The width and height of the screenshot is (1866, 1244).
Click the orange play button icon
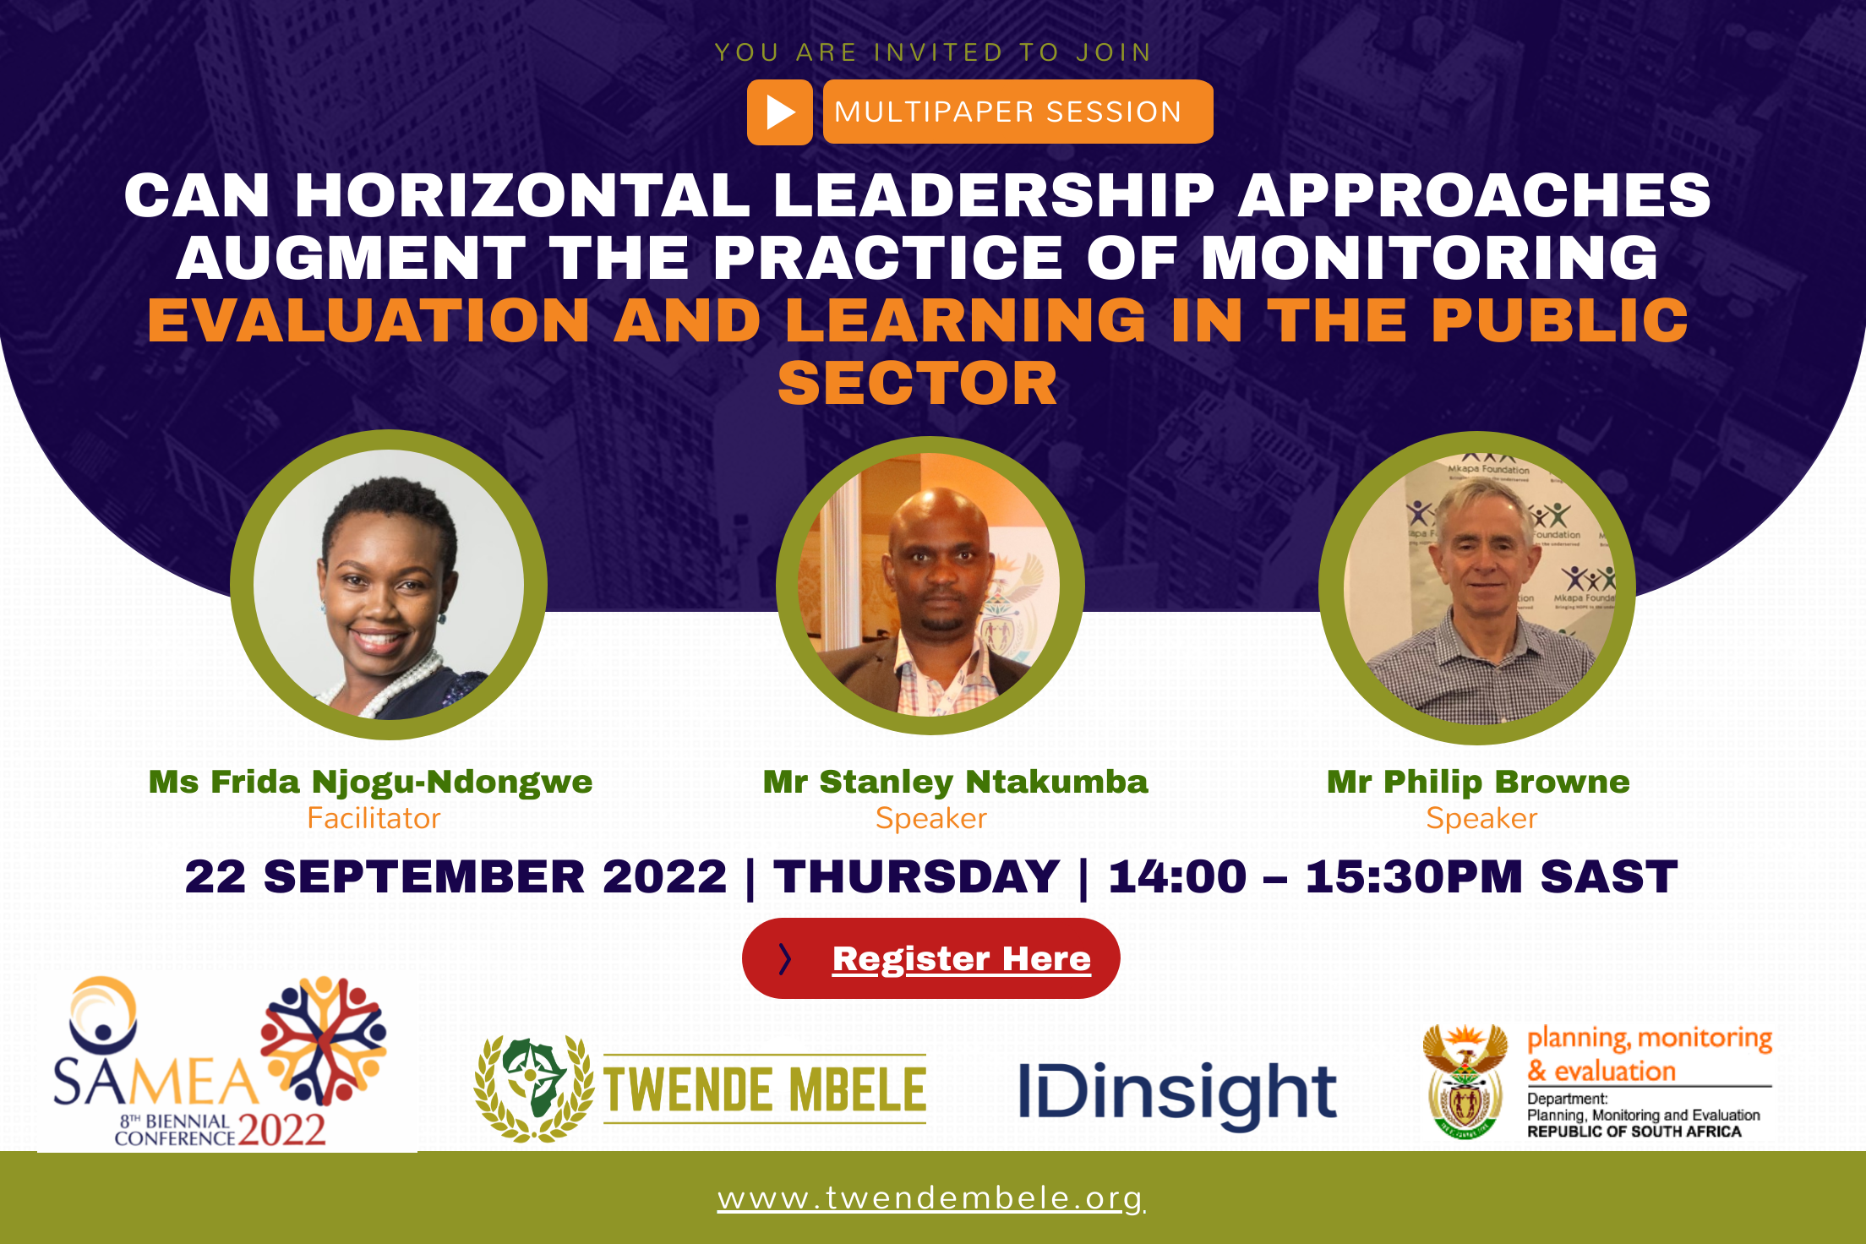pos(779,112)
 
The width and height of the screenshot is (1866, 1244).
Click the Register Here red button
pos(930,958)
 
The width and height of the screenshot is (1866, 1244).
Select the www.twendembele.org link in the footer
pos(930,1198)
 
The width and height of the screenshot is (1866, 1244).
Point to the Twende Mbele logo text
pos(765,1089)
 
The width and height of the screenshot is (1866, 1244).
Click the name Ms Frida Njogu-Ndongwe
pos(370,782)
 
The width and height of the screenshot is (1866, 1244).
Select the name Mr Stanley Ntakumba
pos(955,782)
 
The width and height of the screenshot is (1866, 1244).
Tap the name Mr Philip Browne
pos(1478,782)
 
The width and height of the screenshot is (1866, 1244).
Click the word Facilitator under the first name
pos(374,818)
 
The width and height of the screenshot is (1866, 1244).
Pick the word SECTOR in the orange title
pos(917,383)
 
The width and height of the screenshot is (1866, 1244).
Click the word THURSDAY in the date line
pos(916,876)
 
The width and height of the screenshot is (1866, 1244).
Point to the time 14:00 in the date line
pos(1177,876)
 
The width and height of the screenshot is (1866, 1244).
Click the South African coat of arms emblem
pos(1465,1083)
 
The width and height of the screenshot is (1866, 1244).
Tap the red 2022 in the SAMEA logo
pos(281,1129)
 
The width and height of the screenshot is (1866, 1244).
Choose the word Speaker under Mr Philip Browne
pos(1481,818)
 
